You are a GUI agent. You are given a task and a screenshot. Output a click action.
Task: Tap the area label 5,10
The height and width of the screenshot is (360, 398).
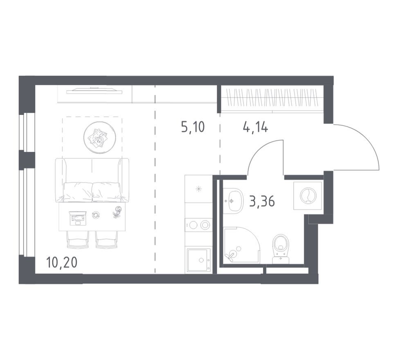(193, 127)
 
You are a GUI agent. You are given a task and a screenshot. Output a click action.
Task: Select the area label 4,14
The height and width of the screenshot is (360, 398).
(255, 127)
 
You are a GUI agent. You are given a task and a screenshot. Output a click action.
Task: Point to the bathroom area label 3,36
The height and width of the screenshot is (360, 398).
(262, 202)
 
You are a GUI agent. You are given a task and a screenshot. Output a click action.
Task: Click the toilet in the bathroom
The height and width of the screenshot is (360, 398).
(281, 249)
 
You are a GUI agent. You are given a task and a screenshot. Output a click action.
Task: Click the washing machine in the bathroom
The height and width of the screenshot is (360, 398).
(307, 196)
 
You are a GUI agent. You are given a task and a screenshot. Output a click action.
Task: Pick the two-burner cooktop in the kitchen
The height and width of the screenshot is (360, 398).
(199, 225)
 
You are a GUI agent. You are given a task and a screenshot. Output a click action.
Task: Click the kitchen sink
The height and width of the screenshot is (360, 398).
(199, 260)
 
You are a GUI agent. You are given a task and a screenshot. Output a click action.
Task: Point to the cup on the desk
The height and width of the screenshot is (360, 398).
(96, 215)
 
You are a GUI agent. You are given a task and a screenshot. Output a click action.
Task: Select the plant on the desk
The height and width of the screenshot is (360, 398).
(117, 212)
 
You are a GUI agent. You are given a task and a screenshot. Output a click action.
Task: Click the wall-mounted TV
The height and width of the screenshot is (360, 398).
(94, 90)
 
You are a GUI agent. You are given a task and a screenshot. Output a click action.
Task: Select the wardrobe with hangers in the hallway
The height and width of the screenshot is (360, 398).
(272, 99)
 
